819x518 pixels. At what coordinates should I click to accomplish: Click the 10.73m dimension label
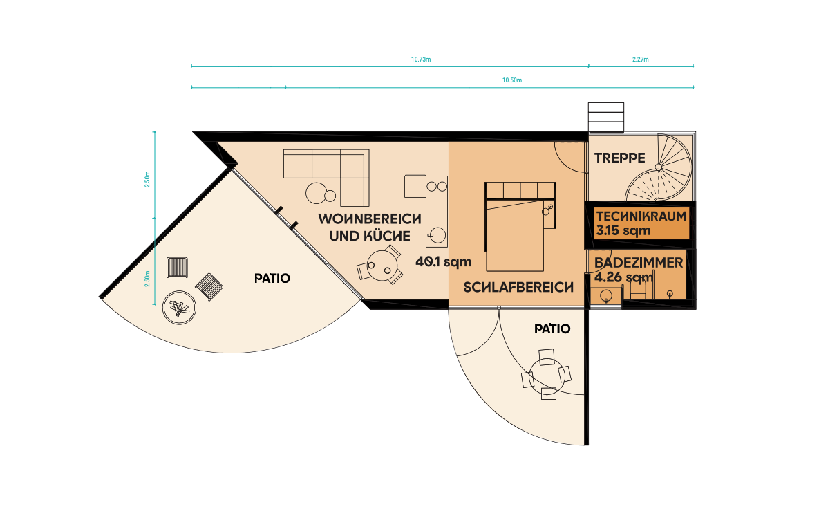420,59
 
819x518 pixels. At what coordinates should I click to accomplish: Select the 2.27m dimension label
641,59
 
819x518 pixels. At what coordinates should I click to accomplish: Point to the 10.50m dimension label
512,80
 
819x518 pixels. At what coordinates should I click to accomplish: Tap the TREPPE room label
619,158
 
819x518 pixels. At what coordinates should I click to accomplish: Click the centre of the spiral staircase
659,167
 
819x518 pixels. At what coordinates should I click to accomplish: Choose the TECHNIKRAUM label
641,216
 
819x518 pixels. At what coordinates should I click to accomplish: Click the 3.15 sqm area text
623,230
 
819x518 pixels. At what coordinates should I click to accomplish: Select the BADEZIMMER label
639,262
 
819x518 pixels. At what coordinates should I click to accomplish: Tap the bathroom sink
606,296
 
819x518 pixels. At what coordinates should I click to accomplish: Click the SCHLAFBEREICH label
518,287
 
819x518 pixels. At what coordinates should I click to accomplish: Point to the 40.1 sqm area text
443,261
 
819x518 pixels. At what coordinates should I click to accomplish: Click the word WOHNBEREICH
369,219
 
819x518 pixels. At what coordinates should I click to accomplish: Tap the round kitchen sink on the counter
437,236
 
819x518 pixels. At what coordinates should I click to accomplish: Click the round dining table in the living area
379,264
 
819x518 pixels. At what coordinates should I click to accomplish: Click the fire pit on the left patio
179,307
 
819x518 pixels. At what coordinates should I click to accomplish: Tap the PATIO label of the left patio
272,278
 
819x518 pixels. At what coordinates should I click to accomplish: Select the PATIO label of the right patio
552,329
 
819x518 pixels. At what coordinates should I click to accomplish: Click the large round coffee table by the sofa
317,193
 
